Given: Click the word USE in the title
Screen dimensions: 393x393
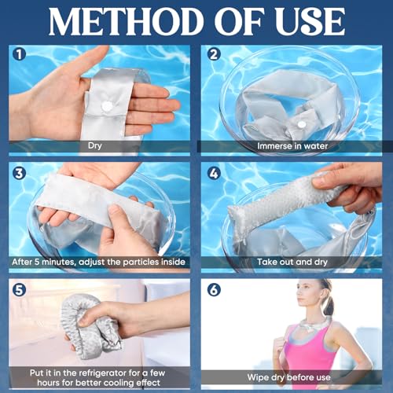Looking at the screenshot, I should click(307, 21).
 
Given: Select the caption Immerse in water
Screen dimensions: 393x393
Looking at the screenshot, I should click(292, 145).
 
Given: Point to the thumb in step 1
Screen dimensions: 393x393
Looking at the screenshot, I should click(83, 63).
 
